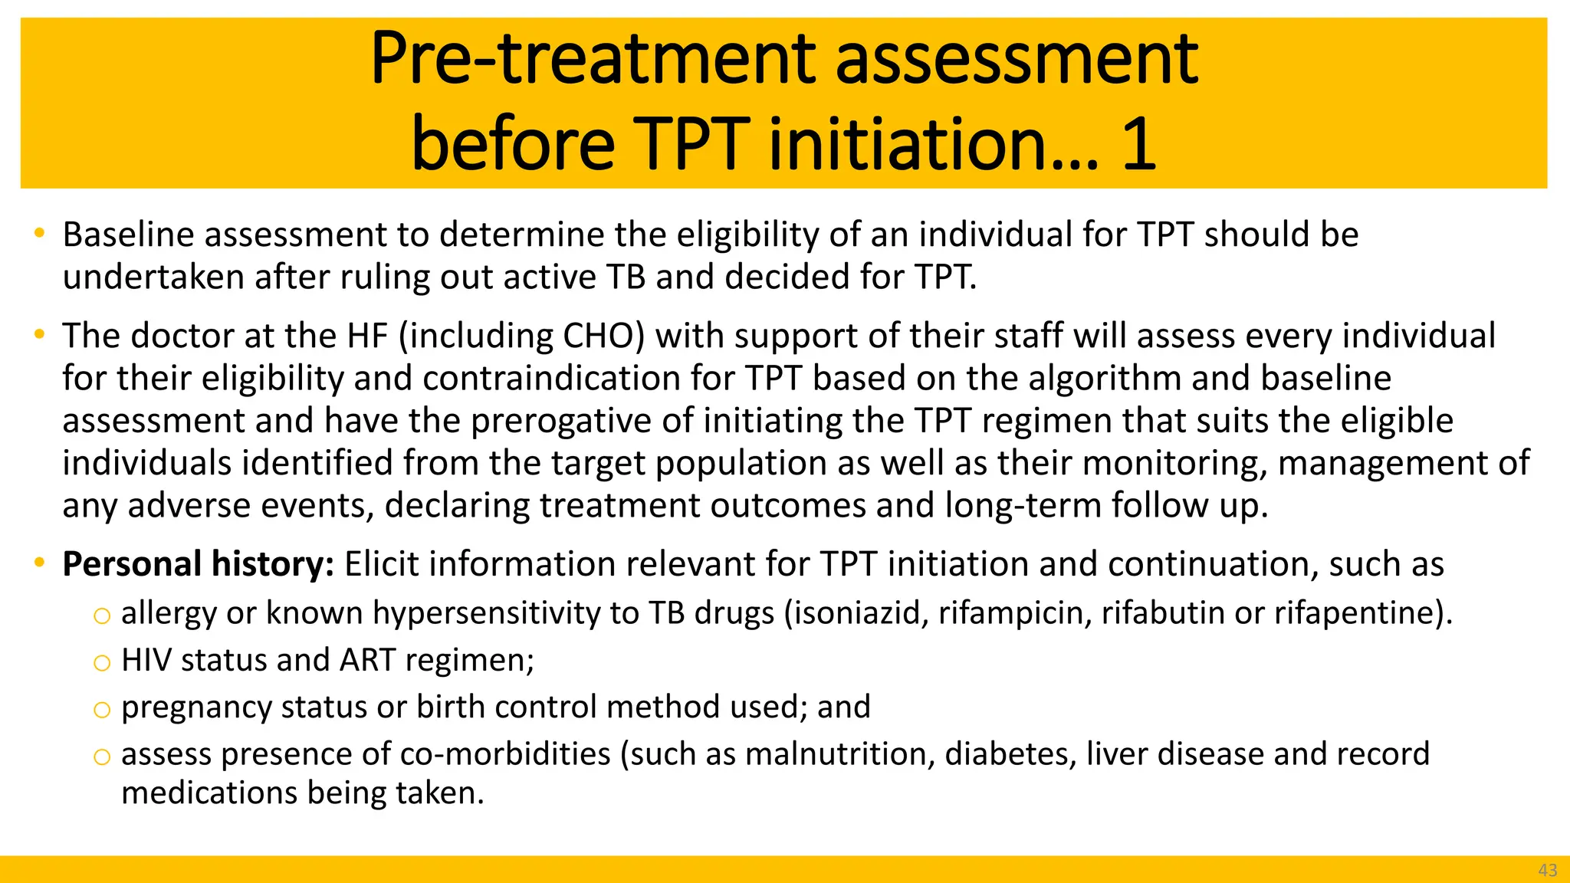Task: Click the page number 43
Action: pyautogui.click(x=1547, y=870)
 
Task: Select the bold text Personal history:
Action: pyautogui.click(x=198, y=564)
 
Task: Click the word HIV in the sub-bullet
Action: pyautogui.click(x=146, y=660)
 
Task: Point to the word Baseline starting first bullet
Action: pyautogui.click(x=128, y=235)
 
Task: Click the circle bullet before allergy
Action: pyautogui.click(x=101, y=615)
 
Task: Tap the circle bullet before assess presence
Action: pyautogui.click(x=101, y=757)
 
